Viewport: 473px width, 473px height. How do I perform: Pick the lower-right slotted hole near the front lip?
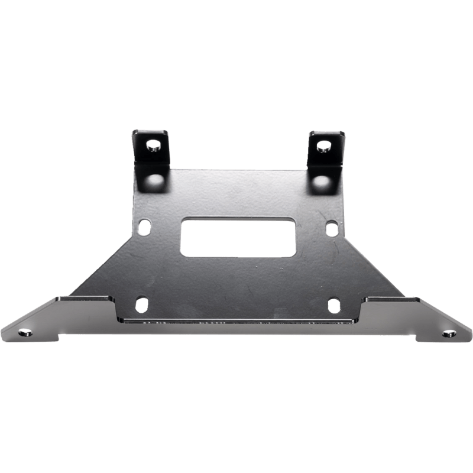tap(334, 305)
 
